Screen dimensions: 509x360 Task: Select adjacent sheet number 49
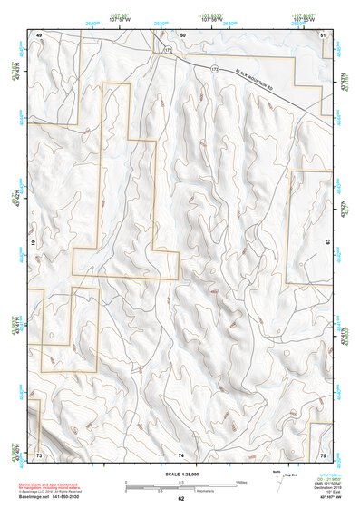click(40, 34)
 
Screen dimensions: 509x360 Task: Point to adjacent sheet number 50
click(182, 34)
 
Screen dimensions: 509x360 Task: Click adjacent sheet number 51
click(324, 34)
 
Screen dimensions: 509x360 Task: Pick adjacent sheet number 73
click(40, 454)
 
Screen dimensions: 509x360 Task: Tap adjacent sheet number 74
click(181, 454)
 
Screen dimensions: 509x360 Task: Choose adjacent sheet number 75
click(324, 454)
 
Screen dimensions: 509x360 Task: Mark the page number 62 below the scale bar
click(181, 498)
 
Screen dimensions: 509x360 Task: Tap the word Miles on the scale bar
click(241, 482)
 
